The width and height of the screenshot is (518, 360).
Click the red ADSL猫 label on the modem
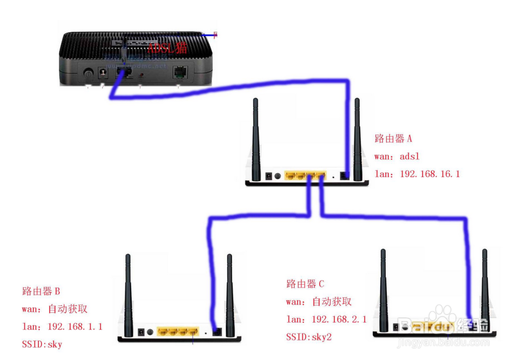pyautogui.click(x=167, y=48)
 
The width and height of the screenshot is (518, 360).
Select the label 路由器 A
pyautogui.click(x=393, y=139)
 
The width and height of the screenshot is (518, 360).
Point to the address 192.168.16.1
pyautogui.click(x=429, y=174)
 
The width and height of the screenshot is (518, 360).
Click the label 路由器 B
pyautogui.click(x=41, y=291)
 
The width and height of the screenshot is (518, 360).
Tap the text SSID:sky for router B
pyautogui.click(x=41, y=343)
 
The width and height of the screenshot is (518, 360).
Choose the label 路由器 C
pyautogui.click(x=305, y=284)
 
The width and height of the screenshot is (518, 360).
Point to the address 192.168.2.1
pyautogui.click(x=339, y=319)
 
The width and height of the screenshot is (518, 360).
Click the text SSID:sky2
pyautogui.click(x=309, y=337)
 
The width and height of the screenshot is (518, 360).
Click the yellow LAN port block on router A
pyautogui.click(x=306, y=176)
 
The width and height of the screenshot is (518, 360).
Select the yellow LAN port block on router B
pyautogui.click(x=178, y=331)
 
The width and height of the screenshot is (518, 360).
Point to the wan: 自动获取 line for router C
pyautogui.click(x=319, y=301)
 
